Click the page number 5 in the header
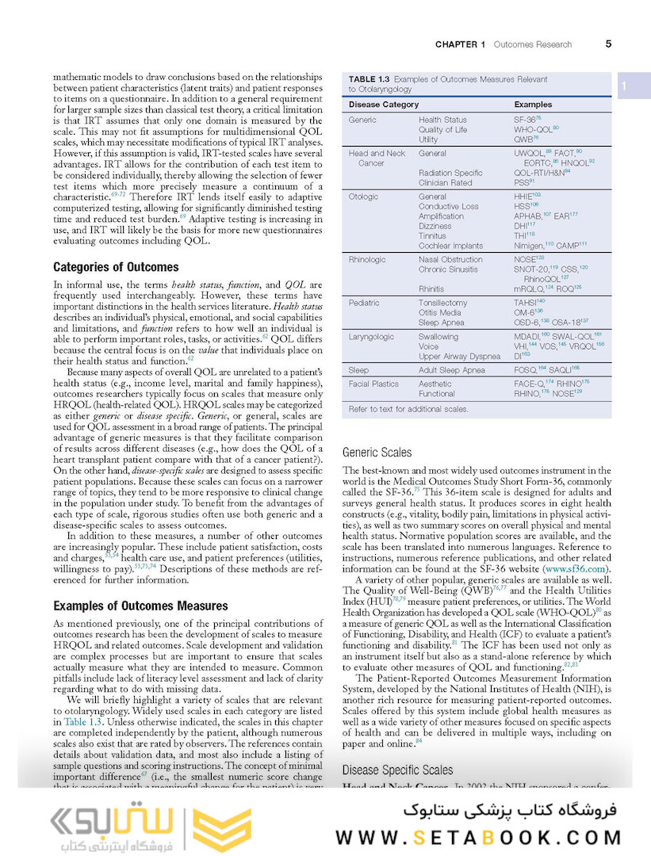tap(607, 44)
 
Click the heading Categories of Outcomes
tap(116, 267)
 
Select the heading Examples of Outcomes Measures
tap(140, 606)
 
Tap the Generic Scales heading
tap(377, 453)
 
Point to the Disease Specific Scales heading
tap(397, 770)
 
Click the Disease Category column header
tap(384, 105)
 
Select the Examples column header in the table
tap(533, 105)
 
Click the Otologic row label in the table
tap(363, 197)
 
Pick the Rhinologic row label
tap(366, 259)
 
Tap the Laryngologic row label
tap(371, 337)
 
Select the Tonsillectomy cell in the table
tap(442, 303)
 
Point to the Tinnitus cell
tap(432, 235)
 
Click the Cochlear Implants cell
tap(450, 246)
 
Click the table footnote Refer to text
tap(408, 409)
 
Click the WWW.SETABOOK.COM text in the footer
tap(478, 836)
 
